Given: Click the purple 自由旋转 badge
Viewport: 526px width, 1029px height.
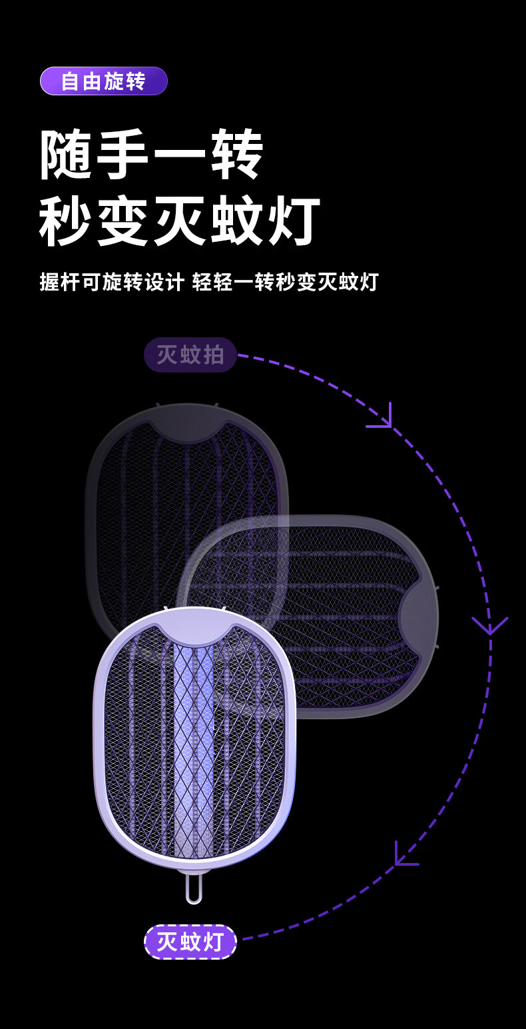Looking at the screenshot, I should click(103, 81).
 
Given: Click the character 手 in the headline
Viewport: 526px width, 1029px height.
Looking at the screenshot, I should click(124, 155).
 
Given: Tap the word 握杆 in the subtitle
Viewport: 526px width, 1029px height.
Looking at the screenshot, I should click(60, 282).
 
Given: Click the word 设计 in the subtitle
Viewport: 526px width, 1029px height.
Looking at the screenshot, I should click(164, 282).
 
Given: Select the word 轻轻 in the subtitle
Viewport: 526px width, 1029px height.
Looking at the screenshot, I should click(212, 282).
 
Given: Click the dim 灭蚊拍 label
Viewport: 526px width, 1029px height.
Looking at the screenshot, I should click(190, 355).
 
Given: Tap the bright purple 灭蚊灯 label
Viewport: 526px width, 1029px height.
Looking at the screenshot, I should click(190, 942).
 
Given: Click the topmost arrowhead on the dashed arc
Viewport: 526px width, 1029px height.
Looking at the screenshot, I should click(382, 418).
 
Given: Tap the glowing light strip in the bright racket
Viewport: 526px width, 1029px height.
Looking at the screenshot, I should click(194, 746).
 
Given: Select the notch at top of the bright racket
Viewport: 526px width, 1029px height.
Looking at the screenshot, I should click(194, 632).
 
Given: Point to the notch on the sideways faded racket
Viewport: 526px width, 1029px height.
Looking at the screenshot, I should click(417, 616).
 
